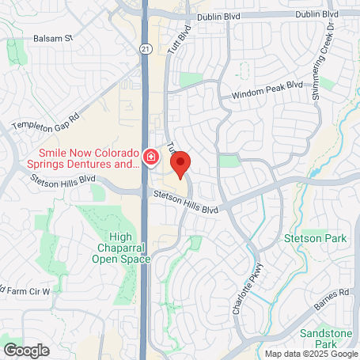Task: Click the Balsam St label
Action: coord(53,37)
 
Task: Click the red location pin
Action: coord(180,165)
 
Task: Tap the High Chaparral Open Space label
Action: coord(115,247)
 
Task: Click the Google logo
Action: coord(26,349)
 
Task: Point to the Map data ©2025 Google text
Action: coord(310,354)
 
